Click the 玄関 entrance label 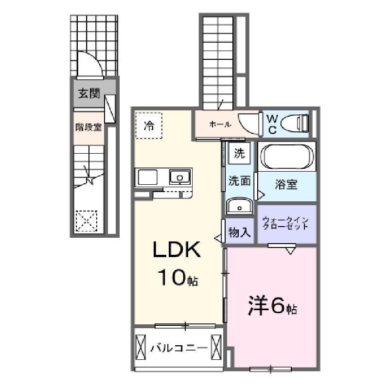point(89,93)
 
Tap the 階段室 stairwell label point(88,127)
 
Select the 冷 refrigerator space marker point(149,125)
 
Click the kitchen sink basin point(180,177)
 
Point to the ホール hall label point(220,124)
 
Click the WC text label point(272,124)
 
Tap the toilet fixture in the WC point(295,124)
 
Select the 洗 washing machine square point(240,153)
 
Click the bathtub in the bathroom point(287,157)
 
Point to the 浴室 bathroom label point(286,184)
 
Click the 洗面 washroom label point(239,181)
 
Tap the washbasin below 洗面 point(239,206)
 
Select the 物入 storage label point(239,232)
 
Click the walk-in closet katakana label point(285,223)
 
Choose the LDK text point(177,249)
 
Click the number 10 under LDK point(172,277)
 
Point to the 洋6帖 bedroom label point(272,305)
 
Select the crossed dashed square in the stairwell point(87,221)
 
